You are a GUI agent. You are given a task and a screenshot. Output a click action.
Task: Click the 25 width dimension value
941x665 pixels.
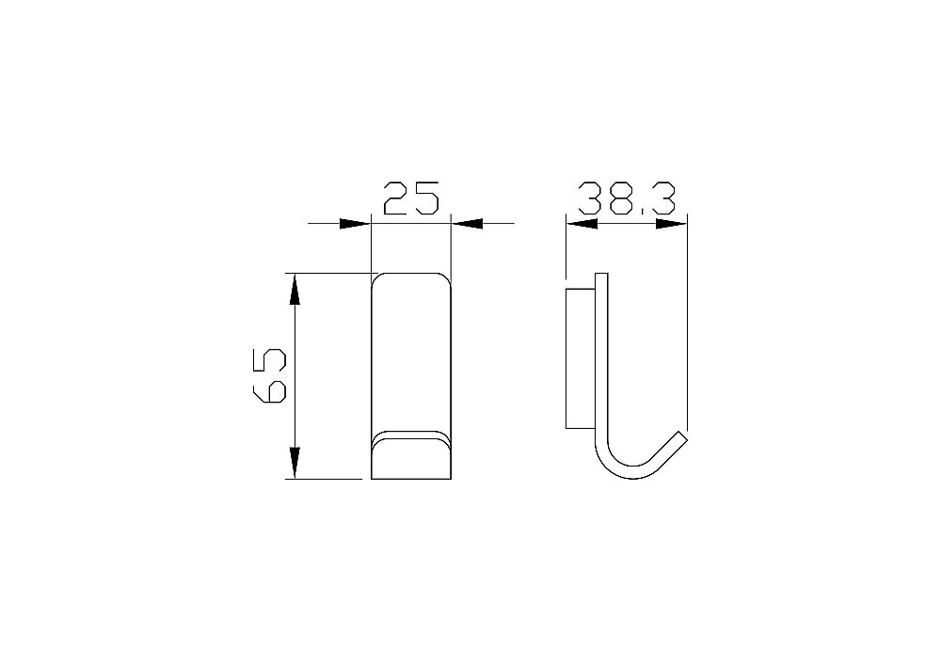[411, 199]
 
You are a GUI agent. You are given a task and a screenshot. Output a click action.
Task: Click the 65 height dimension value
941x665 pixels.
[270, 375]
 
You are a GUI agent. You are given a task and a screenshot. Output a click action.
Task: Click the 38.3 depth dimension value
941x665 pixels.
[627, 199]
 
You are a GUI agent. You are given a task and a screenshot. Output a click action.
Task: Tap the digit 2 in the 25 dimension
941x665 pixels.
[396, 199]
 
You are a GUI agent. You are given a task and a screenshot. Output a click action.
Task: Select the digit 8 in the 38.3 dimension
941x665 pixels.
[624, 199]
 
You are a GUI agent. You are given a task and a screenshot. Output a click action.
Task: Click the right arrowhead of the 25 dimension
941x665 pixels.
[468, 223]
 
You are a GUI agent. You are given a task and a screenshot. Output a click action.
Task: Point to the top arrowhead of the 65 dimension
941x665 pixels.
[295, 288]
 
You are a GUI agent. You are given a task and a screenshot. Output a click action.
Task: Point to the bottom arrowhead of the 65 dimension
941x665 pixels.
[295, 463]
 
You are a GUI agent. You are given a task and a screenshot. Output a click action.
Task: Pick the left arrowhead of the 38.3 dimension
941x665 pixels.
[582, 224]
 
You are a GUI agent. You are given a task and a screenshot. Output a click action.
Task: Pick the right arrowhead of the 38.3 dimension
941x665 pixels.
[670, 224]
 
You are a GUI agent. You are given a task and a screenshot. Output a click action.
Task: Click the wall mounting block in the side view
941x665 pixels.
[578, 357]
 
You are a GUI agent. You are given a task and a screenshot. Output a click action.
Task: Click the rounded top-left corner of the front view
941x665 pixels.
[376, 277]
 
